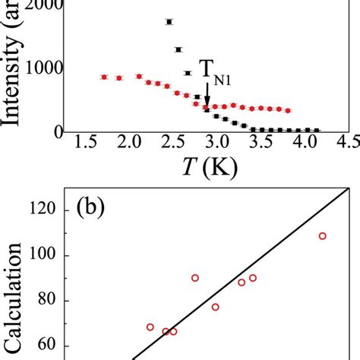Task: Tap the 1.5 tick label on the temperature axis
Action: (x=86, y=144)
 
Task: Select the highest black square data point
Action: (x=169, y=22)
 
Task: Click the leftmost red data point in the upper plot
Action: (x=105, y=77)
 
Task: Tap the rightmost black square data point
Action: (x=317, y=130)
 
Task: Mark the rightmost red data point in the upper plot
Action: (x=288, y=110)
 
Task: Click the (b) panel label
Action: (x=95, y=208)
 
